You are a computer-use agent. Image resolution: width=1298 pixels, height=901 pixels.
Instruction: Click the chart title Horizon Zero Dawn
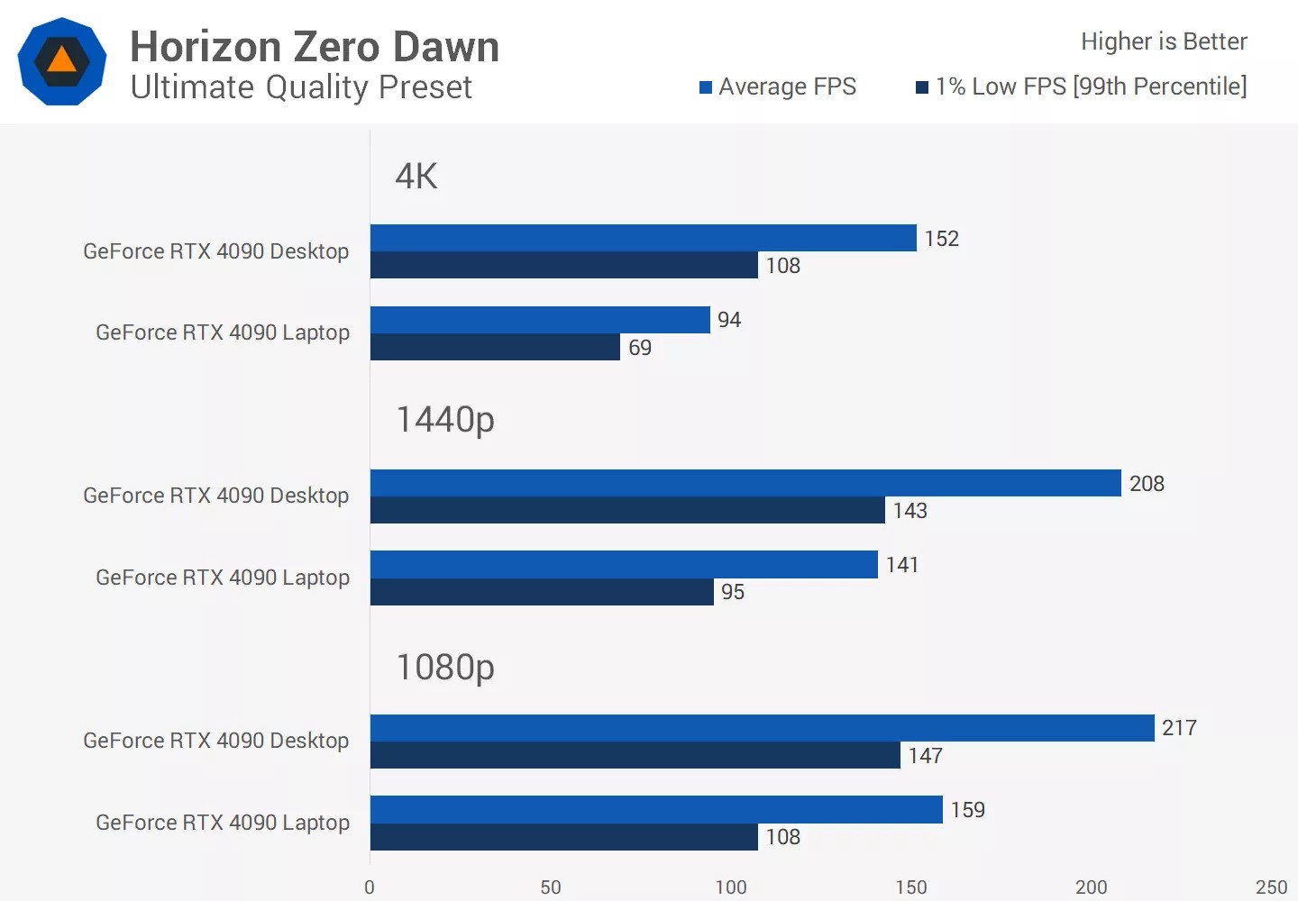(315, 47)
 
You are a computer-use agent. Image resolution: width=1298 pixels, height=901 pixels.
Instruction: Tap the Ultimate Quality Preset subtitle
(301, 87)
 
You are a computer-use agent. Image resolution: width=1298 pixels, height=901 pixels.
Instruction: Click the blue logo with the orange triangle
(61, 61)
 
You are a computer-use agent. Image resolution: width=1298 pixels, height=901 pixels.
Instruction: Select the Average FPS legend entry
(778, 86)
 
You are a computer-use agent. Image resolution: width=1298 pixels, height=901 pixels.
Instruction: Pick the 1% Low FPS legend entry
(1082, 86)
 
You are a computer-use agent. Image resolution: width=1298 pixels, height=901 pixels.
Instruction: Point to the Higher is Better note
(1164, 41)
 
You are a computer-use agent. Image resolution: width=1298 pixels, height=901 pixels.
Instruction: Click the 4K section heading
(416, 176)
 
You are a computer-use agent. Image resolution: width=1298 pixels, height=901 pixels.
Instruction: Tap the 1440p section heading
(445, 419)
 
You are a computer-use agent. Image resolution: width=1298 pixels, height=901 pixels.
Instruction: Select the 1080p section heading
(445, 667)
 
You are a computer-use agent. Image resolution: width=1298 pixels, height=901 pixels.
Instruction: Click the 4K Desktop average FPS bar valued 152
(643, 238)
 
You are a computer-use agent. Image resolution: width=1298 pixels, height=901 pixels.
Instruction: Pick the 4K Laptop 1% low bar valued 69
(495, 347)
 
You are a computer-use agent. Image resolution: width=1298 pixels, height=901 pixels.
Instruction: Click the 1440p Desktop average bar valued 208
(745, 483)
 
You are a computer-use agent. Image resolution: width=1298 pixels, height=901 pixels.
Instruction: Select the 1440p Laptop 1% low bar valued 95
(542, 592)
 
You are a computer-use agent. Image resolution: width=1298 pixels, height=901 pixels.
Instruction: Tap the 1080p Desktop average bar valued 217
(762, 728)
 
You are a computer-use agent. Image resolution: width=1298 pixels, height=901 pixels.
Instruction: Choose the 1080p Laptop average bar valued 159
(656, 809)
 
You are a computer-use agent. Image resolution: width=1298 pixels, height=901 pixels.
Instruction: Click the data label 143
(910, 511)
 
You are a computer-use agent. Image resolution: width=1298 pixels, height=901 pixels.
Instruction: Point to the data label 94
(729, 320)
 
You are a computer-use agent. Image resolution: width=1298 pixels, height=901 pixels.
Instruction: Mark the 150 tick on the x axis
(910, 887)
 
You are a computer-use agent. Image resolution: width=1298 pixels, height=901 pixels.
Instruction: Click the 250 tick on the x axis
(1271, 887)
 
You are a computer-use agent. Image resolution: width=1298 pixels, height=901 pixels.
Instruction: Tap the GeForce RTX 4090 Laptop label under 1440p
(223, 578)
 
